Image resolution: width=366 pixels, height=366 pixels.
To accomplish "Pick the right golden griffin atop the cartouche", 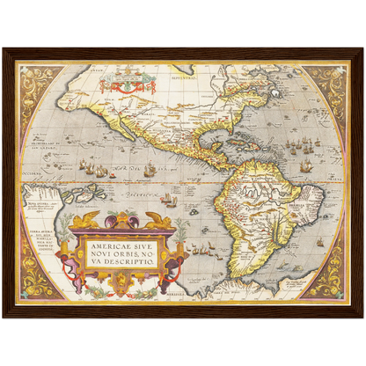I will click(x=158, y=220).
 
